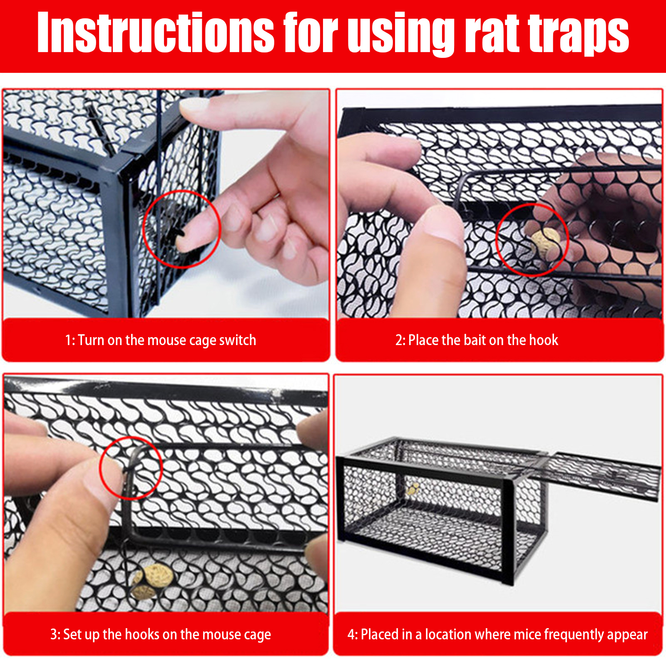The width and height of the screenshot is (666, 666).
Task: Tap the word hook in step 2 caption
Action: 544,340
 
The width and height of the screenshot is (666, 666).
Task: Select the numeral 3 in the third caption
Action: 54,634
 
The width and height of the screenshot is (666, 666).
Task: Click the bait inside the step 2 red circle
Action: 546,242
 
